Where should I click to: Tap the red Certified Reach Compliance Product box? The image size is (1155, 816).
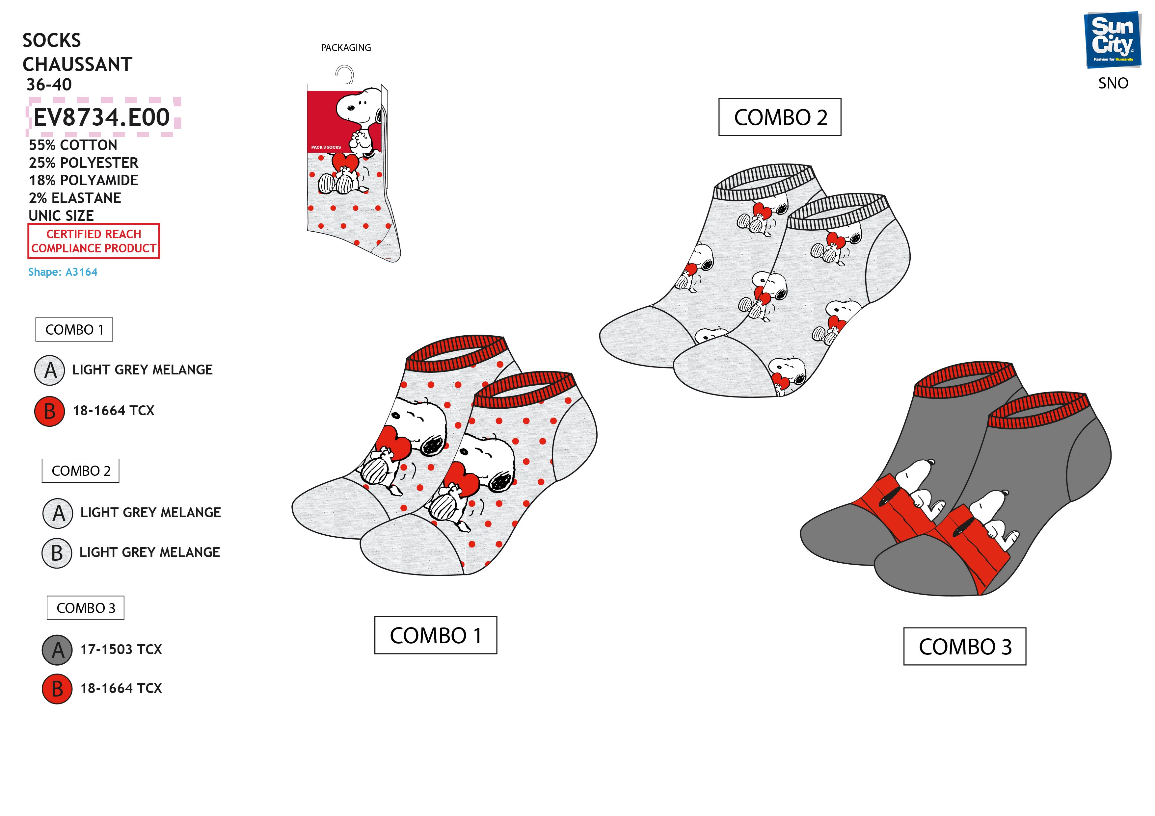(x=94, y=241)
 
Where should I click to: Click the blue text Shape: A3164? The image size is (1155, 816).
(x=63, y=272)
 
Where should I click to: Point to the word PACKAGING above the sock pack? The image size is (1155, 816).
(x=346, y=48)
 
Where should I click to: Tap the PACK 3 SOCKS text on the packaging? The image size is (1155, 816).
(x=326, y=147)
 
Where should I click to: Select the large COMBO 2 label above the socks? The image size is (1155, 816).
(x=779, y=117)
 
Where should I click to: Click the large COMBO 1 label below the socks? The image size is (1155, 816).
(x=436, y=635)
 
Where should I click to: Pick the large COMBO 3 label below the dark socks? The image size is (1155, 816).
(x=964, y=647)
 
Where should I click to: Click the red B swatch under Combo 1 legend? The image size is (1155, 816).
(x=49, y=411)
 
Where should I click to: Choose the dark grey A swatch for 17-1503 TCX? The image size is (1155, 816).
(x=57, y=650)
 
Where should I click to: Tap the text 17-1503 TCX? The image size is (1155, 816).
(x=121, y=650)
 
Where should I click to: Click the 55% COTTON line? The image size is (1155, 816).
(x=73, y=145)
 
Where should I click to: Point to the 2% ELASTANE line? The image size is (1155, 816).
(x=75, y=198)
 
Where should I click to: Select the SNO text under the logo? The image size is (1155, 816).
(x=1113, y=84)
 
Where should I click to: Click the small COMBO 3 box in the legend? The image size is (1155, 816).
(x=86, y=608)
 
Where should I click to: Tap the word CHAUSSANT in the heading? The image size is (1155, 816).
(x=77, y=64)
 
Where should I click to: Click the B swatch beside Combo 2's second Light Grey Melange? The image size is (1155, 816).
(x=57, y=553)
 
